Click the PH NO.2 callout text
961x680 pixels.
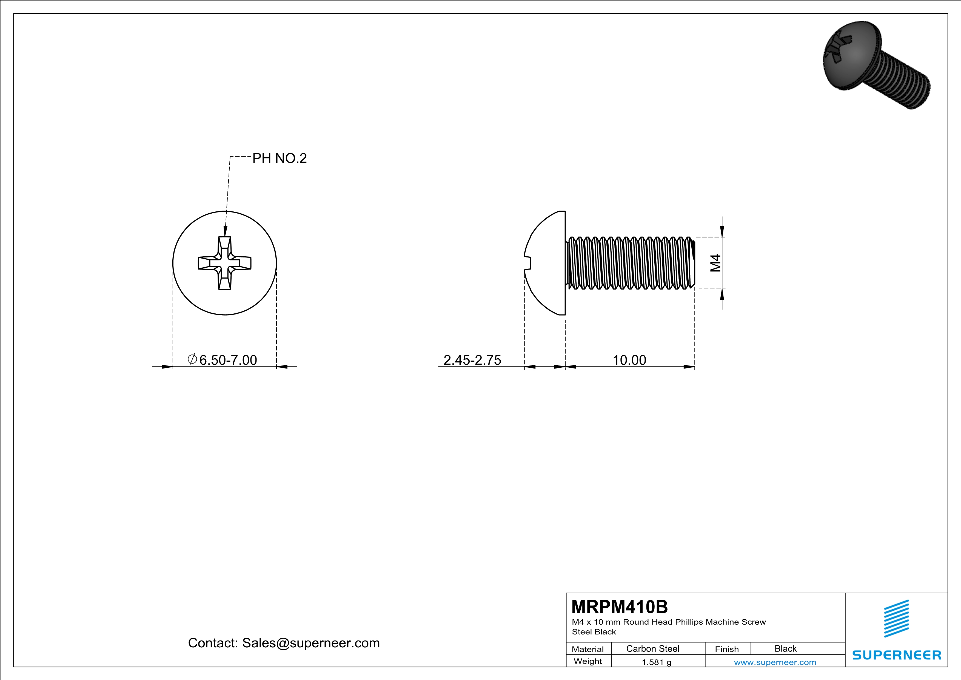pyautogui.click(x=279, y=158)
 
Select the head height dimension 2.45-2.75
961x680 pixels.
pyautogui.click(x=472, y=360)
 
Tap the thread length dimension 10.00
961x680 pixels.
pyautogui.click(x=629, y=360)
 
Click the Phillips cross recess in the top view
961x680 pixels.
pyautogui.click(x=225, y=263)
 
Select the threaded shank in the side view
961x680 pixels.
pyautogui.click(x=630, y=263)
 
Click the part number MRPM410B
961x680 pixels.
pyautogui.click(x=620, y=607)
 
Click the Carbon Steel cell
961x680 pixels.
pyautogui.click(x=652, y=648)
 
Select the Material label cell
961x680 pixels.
pyautogui.click(x=588, y=649)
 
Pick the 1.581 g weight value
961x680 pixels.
pyautogui.click(x=656, y=662)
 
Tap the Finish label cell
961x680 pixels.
pyautogui.click(x=727, y=649)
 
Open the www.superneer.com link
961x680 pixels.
pyautogui.click(x=775, y=662)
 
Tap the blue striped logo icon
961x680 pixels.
pyautogui.click(x=896, y=619)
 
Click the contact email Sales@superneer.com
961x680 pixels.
pyautogui.click(x=310, y=643)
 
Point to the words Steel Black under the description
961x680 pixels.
pyautogui.click(x=594, y=631)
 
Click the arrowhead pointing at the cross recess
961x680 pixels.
pyautogui.click(x=225, y=231)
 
